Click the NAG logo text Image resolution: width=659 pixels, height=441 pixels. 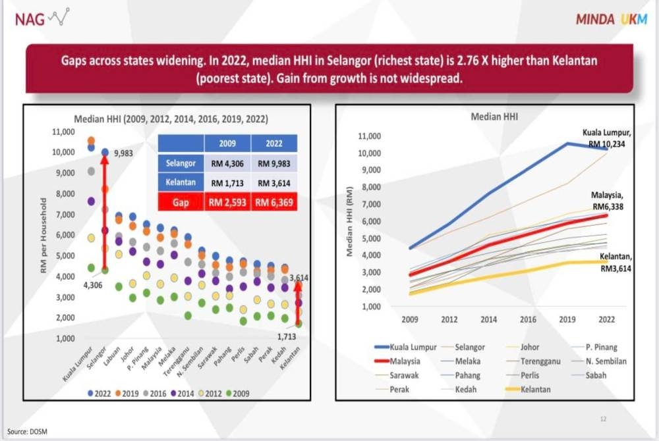pyautogui.click(x=30, y=18)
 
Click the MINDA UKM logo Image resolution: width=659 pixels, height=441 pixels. pyautogui.click(x=611, y=19)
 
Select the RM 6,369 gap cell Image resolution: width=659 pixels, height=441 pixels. pyautogui.click(x=274, y=202)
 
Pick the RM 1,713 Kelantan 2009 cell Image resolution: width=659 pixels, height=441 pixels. pyautogui.click(x=228, y=182)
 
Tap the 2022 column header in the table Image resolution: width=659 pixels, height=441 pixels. pyautogui.click(x=274, y=143)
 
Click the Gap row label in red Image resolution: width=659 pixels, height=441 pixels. pyautogui.click(x=181, y=202)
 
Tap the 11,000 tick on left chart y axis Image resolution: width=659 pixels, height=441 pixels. pyautogui.click(x=64, y=132)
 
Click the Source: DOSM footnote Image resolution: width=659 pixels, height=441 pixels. pyautogui.click(x=28, y=431)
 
